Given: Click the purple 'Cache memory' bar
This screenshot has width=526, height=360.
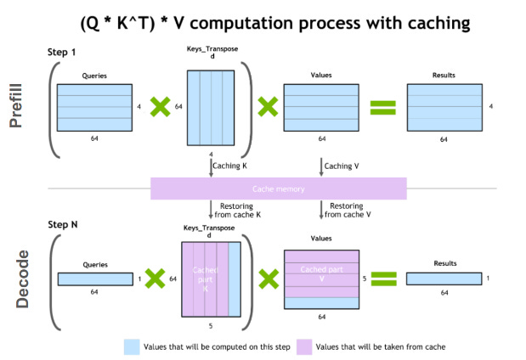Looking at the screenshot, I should pos(279,188).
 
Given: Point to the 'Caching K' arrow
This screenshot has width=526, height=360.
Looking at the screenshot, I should pos(211,166).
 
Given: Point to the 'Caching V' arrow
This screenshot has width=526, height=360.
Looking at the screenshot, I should pos(320,166).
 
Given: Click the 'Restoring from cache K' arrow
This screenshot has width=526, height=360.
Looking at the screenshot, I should pos(211,210).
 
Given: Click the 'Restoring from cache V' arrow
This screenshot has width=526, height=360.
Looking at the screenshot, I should pos(320,210).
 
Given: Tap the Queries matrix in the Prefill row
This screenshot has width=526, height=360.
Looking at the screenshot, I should pos(94,106).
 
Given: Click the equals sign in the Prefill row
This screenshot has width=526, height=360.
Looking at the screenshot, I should pos(383,107).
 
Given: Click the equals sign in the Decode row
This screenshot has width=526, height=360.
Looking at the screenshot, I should pos(383,278).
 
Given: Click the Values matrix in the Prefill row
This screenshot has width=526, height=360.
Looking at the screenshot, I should pos(319,106).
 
